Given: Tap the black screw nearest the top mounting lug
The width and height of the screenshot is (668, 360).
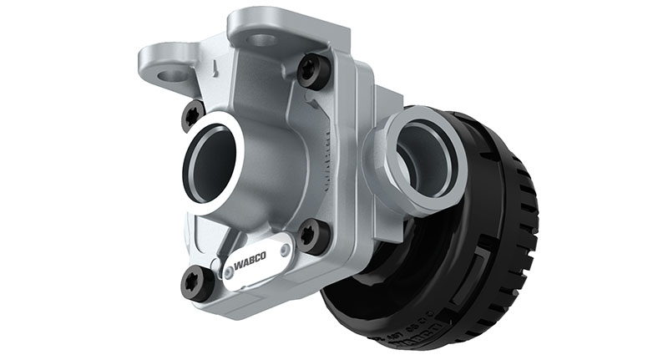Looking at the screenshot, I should [x=314, y=72].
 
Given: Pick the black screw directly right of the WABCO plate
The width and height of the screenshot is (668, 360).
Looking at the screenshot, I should [x=314, y=236].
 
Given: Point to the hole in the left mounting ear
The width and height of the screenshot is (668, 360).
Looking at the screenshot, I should [x=174, y=74].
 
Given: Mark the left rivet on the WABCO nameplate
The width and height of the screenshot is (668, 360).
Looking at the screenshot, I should [x=226, y=272].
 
